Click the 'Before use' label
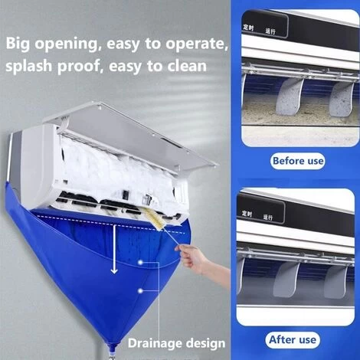point(298,162)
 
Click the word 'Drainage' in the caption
point(155,342)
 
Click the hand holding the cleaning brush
point(197,264)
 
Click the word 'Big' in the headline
point(21,44)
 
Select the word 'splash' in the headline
point(29,66)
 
